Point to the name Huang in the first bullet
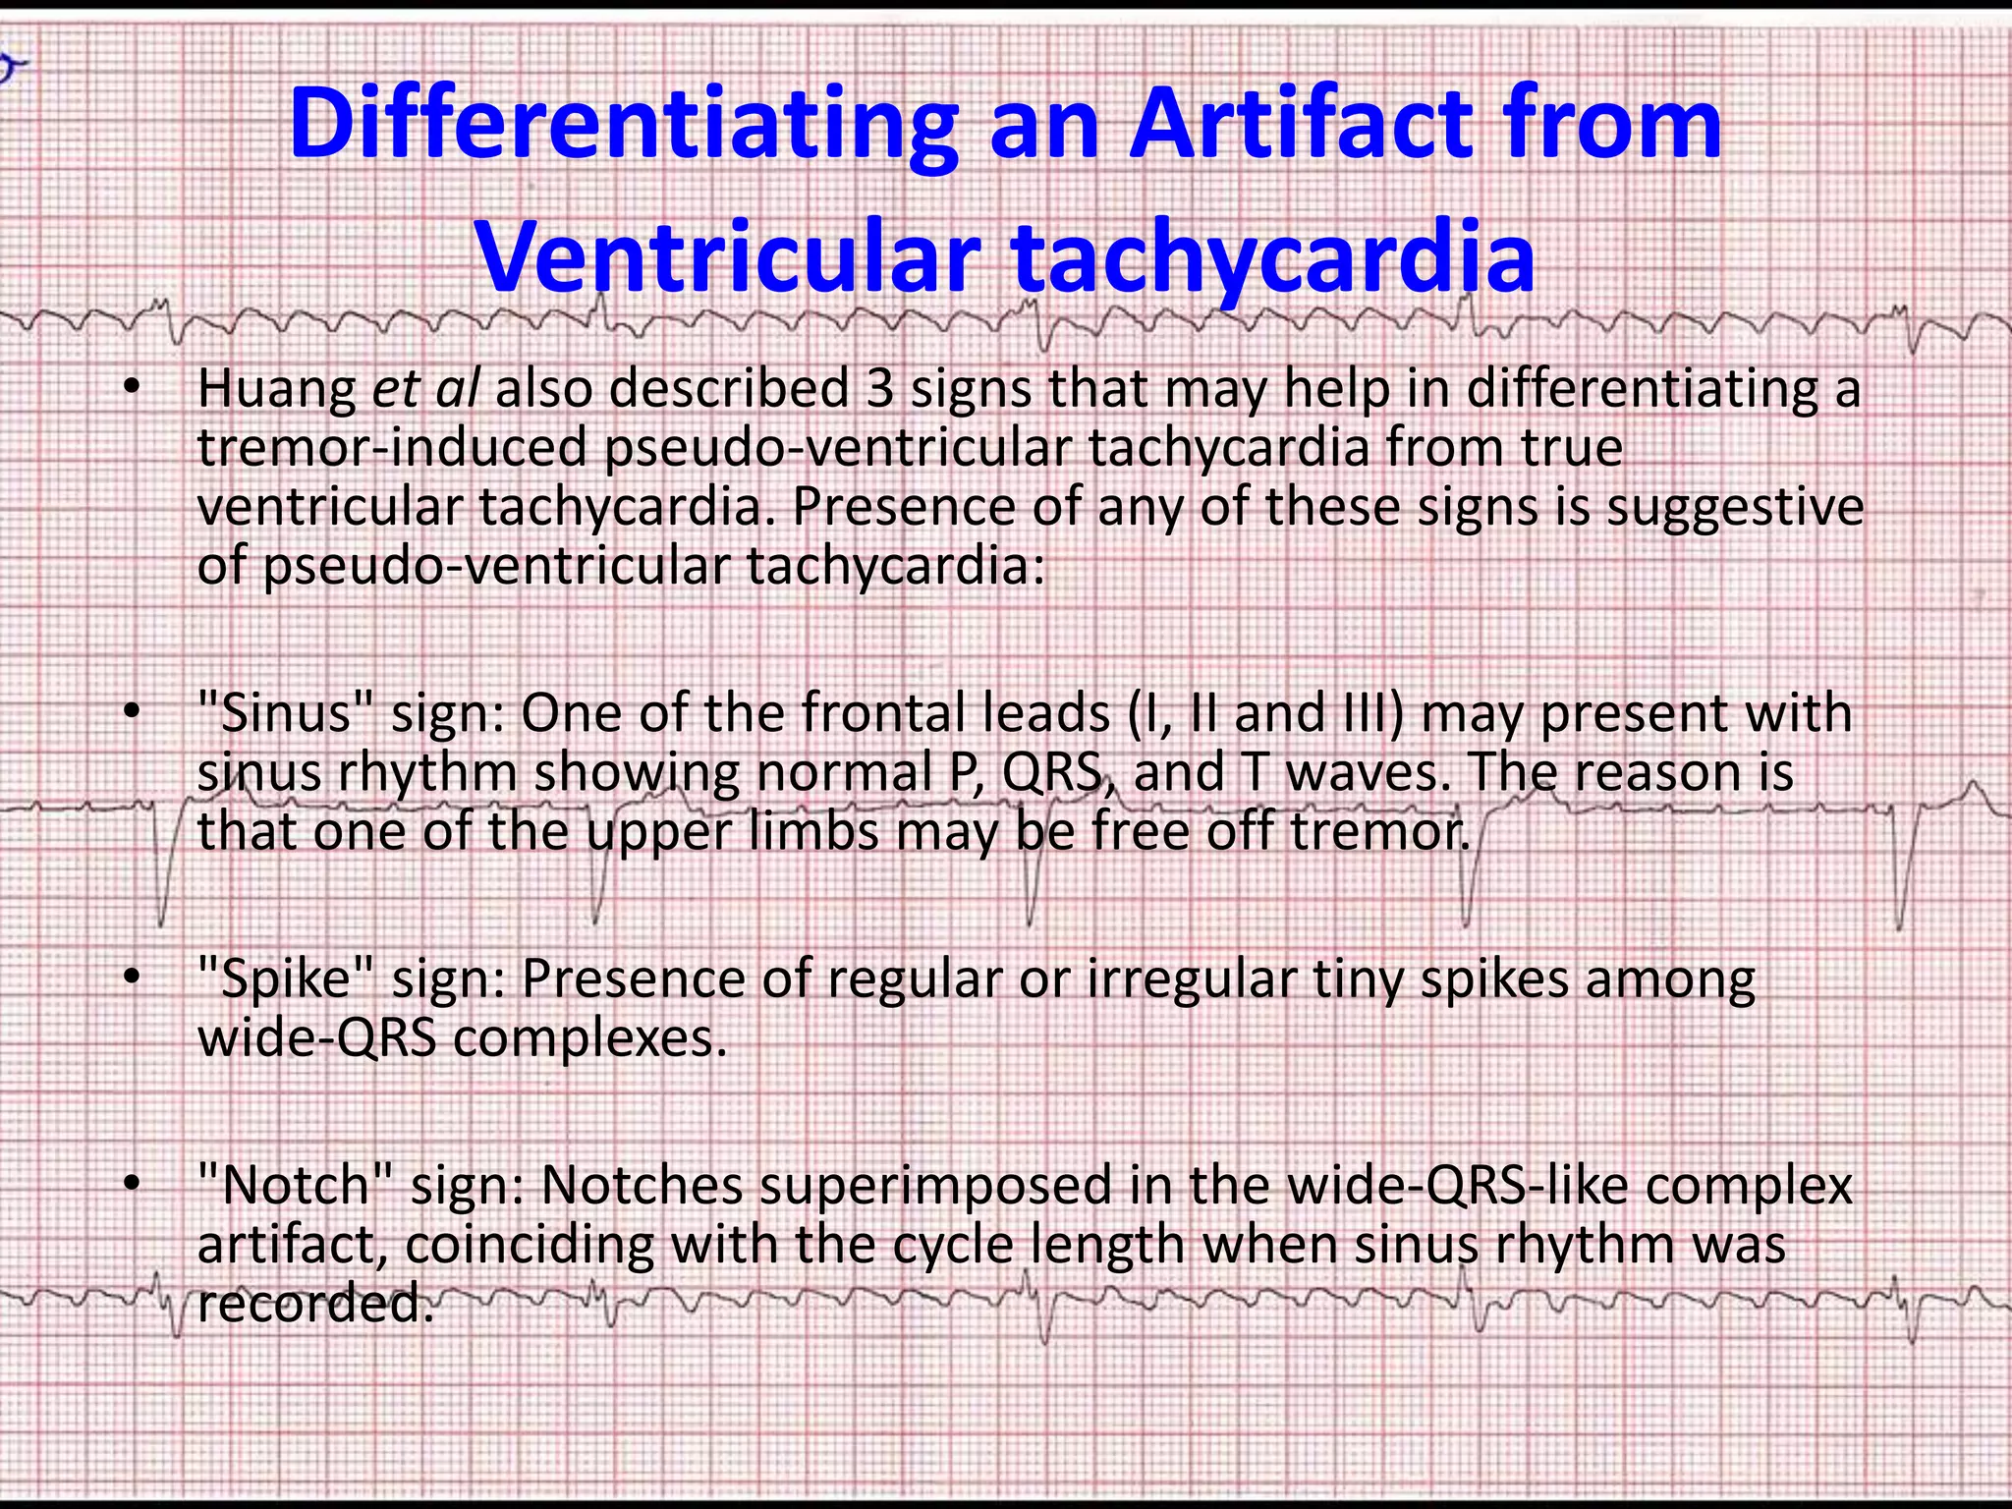click(276, 390)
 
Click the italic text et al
click(425, 390)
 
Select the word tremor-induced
click(392, 449)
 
